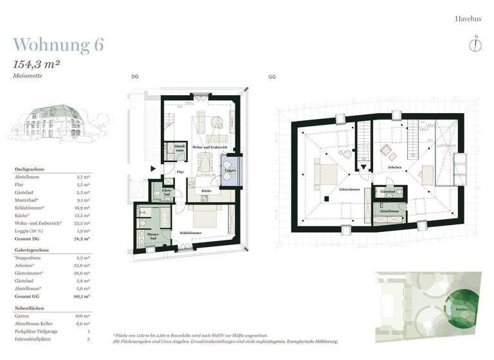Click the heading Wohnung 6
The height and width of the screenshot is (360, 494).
58,45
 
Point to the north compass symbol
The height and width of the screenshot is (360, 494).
476,44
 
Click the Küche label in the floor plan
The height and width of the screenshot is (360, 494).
206,191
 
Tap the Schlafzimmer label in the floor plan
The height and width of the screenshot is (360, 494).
192,232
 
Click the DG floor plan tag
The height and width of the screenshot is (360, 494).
134,76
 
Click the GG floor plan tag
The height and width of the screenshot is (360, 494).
272,76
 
